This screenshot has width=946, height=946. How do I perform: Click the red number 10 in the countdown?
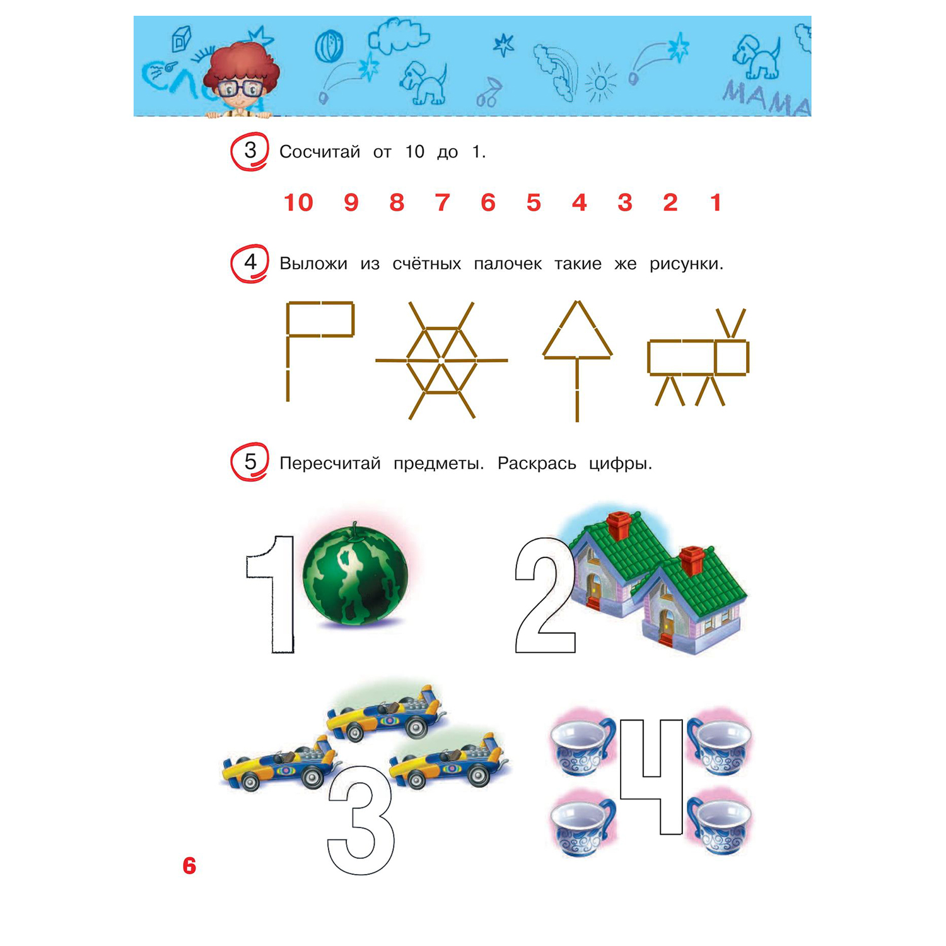click(298, 202)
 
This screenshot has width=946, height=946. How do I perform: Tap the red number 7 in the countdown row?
click(442, 202)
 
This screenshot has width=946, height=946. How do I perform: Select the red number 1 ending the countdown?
click(715, 202)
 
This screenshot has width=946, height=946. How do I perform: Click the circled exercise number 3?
click(250, 151)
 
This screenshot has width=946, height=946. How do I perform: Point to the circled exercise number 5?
click(250, 462)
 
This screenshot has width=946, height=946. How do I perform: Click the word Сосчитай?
click(320, 152)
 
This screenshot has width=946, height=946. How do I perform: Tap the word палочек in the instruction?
click(508, 264)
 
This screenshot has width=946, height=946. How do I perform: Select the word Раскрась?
click(537, 464)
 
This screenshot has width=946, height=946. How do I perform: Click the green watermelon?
click(355, 573)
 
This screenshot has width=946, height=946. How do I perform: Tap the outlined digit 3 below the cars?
click(361, 820)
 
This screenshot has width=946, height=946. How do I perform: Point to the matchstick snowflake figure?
click(441, 360)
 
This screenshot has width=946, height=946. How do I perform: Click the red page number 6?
click(189, 866)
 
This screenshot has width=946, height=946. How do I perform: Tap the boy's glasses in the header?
click(240, 88)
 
